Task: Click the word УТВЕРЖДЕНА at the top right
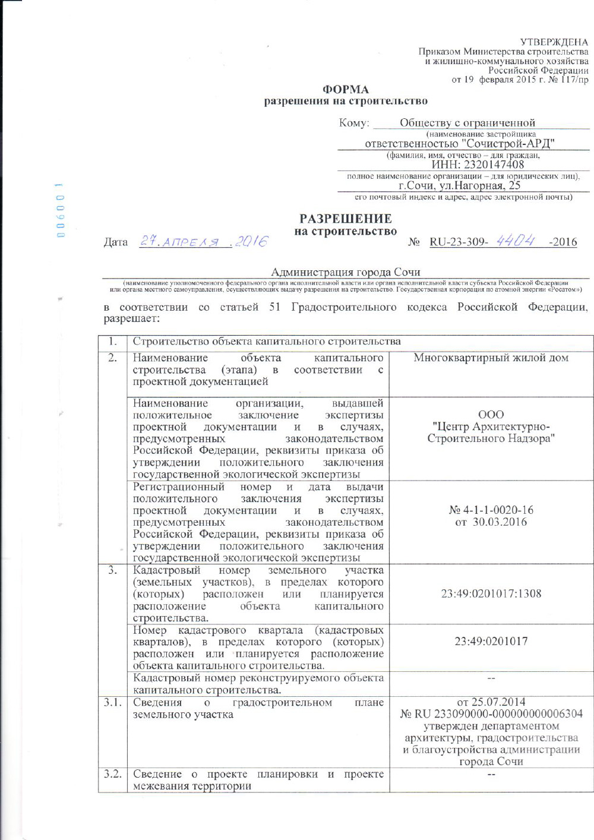(554, 42)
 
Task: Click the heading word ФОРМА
(345, 90)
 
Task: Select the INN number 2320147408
(478, 165)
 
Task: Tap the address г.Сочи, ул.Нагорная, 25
(459, 185)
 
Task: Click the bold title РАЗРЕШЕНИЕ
(345, 219)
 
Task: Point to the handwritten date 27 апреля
(179, 242)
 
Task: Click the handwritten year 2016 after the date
(251, 241)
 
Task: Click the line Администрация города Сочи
(345, 272)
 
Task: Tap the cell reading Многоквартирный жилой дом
(491, 358)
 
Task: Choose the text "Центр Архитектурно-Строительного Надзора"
(491, 432)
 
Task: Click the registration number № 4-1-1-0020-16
(491, 510)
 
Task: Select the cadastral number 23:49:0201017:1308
(491, 593)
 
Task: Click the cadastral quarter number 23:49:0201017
(491, 641)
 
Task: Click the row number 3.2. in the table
(112, 773)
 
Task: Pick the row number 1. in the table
(112, 341)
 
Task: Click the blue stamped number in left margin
(59, 210)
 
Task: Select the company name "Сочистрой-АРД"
(508, 143)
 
